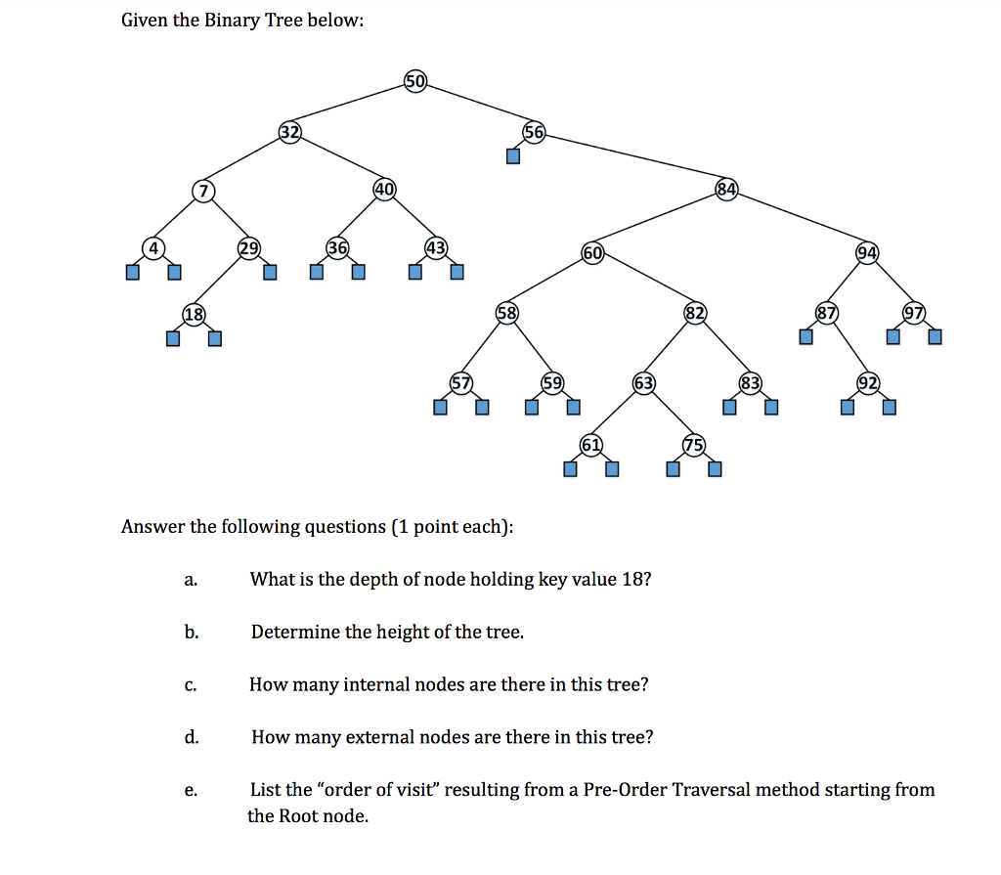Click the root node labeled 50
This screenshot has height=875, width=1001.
tap(414, 81)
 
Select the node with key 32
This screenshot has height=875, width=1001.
tap(289, 132)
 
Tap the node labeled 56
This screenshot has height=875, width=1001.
tap(534, 132)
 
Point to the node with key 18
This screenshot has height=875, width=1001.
tap(195, 314)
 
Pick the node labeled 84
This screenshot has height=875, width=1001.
tap(726, 189)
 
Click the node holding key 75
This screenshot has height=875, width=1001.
tap(694, 445)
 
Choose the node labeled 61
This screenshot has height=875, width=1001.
tap(591, 445)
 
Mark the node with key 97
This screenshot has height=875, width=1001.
tap(914, 313)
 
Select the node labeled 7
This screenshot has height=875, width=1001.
tap(203, 191)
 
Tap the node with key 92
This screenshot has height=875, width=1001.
tap(868, 383)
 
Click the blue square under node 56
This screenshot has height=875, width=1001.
tap(512, 155)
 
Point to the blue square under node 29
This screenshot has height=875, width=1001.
tap(270, 272)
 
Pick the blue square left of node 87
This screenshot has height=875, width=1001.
tap(806, 336)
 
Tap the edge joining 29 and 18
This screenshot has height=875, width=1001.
tap(221, 281)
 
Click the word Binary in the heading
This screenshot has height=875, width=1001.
tap(233, 21)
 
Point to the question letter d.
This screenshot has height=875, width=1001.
tap(192, 737)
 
